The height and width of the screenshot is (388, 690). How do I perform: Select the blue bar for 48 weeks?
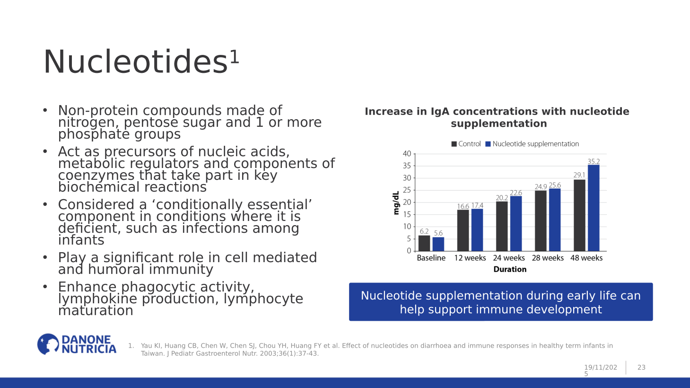coord(593,208)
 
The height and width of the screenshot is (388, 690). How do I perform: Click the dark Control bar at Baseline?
coord(424,243)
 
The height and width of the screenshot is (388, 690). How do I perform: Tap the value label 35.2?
coord(594,161)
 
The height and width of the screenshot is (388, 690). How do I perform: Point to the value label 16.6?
coord(463,206)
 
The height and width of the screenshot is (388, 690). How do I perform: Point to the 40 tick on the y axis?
coord(407,154)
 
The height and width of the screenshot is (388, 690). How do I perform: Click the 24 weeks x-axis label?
coord(509,258)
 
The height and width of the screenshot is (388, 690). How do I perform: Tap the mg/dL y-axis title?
coord(396,203)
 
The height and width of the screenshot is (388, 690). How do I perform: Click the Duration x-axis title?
coord(510,269)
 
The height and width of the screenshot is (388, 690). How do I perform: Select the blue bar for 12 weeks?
coord(477,230)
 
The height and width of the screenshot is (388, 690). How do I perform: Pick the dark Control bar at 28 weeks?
coord(541,220)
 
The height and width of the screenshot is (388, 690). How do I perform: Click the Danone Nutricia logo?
coord(77,344)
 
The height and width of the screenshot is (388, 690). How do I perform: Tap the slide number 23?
coord(641,367)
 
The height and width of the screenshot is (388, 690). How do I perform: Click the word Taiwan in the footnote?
coord(152,353)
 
